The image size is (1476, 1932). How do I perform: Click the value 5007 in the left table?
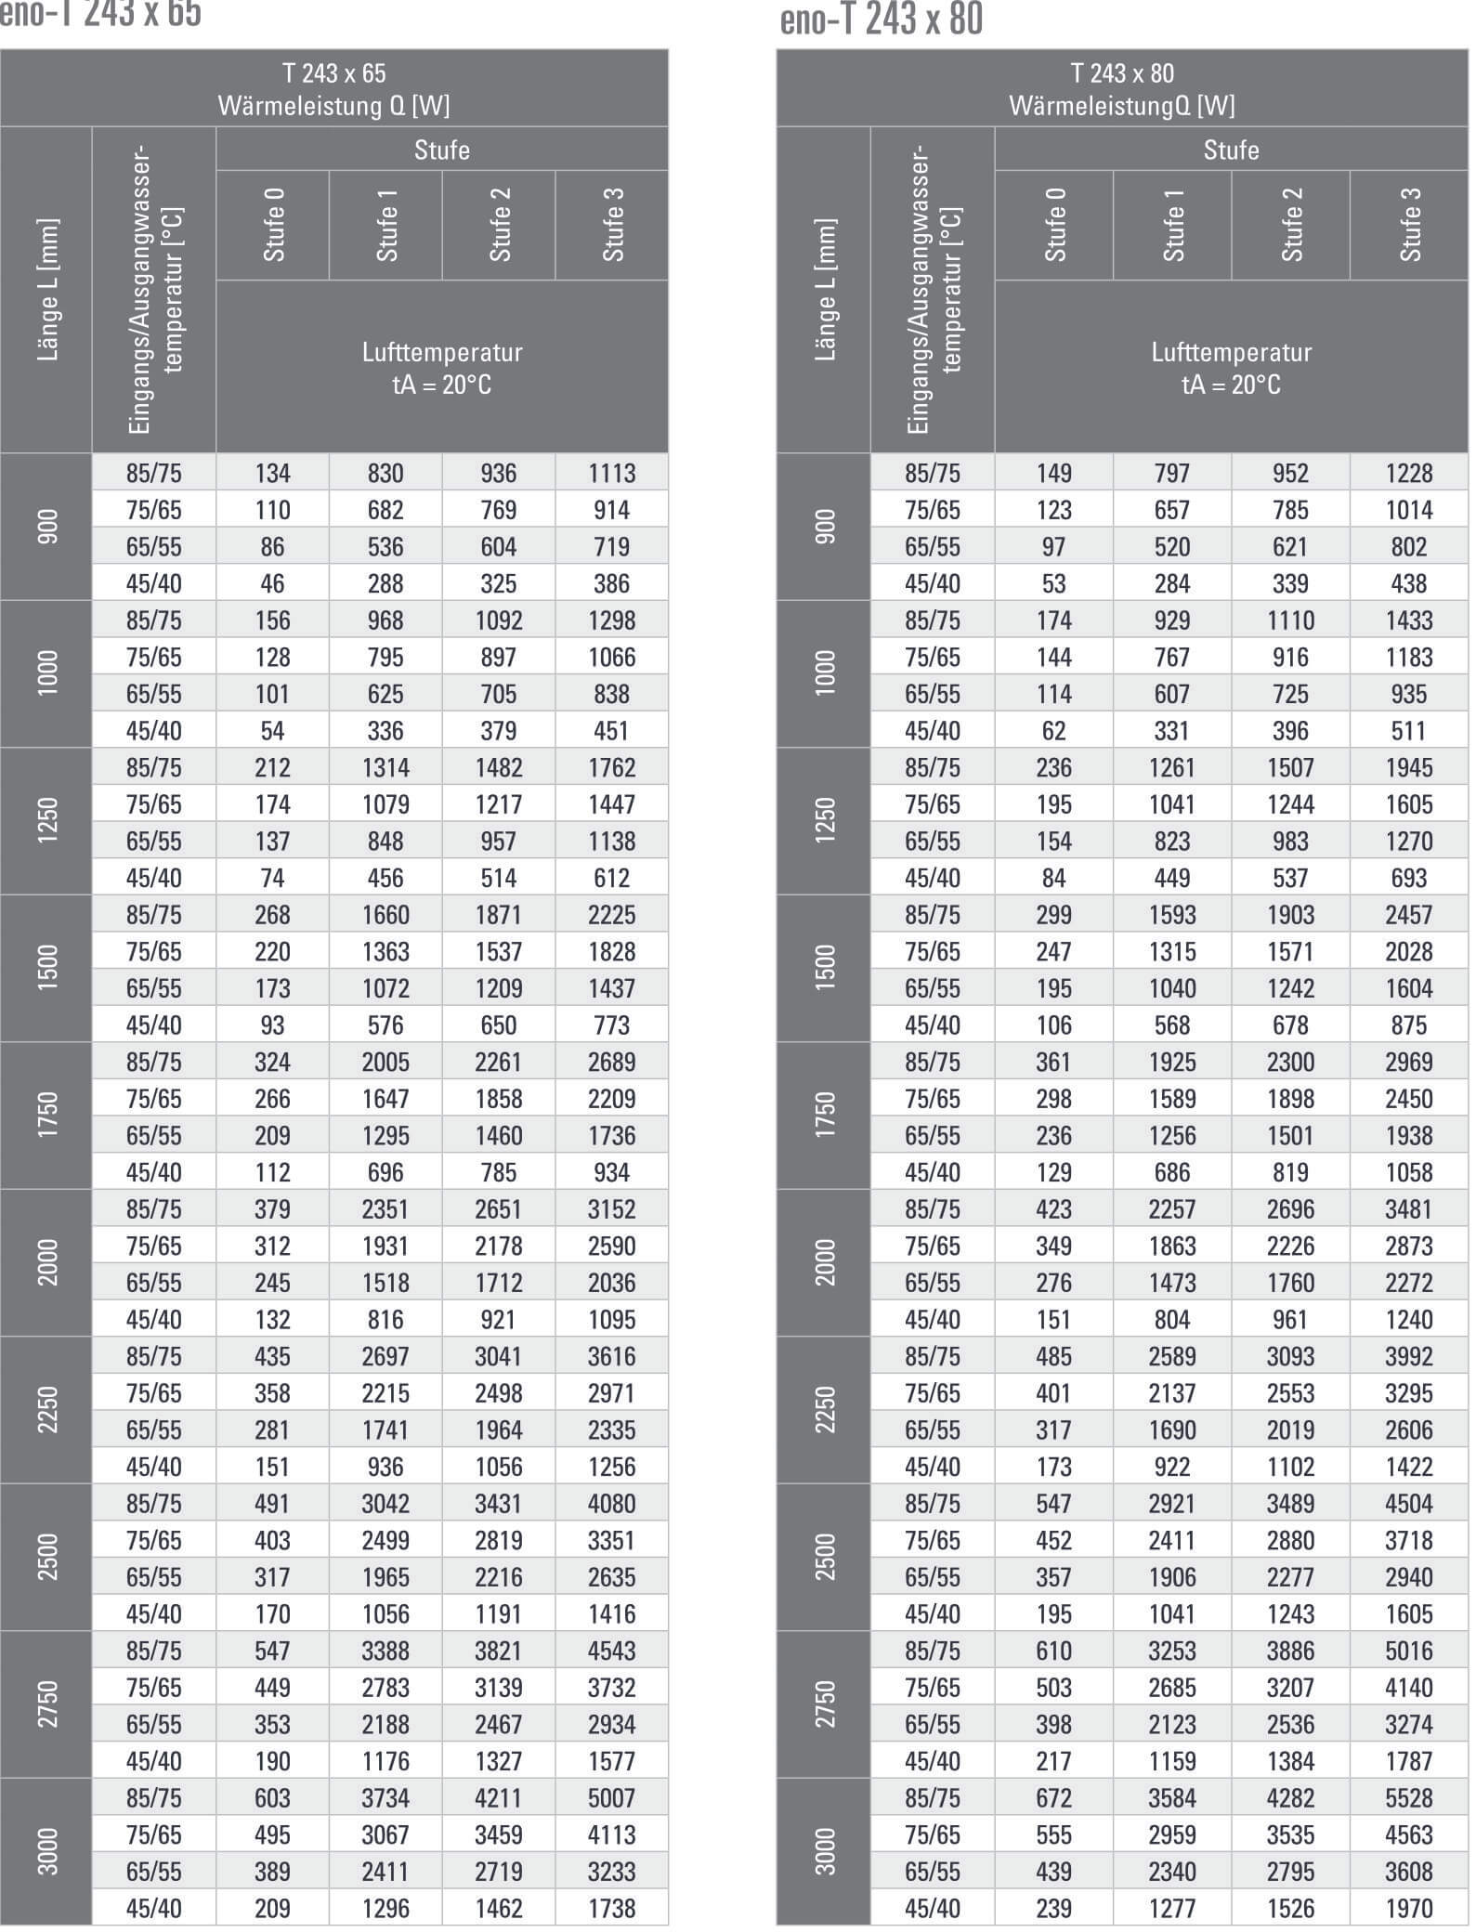[611, 1797]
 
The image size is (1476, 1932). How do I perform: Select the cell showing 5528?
[1408, 1797]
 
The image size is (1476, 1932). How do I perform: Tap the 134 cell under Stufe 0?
[272, 473]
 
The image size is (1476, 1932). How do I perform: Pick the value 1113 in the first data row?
[611, 473]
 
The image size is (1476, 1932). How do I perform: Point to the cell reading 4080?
[611, 1503]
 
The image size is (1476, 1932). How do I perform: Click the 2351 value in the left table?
[385, 1208]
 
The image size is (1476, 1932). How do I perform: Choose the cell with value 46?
[272, 583]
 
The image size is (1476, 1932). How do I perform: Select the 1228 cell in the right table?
[1408, 473]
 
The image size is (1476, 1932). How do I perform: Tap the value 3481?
[1408, 1208]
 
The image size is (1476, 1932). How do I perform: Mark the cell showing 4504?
[1408, 1503]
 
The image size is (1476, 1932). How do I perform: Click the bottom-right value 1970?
[1408, 1908]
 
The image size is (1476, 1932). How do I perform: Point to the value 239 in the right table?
[1053, 1908]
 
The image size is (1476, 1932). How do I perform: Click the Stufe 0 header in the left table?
[273, 225]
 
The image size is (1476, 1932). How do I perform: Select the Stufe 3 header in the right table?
[1409, 225]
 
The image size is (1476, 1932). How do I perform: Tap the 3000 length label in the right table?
[824, 1851]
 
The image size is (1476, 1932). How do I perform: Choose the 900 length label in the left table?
[46, 527]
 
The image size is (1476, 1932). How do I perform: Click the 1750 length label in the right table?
[824, 1116]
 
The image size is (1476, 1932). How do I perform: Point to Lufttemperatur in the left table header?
[442, 353]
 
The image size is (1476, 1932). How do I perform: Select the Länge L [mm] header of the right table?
[824, 290]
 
